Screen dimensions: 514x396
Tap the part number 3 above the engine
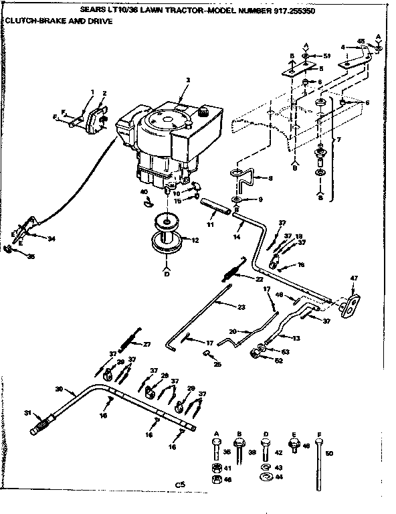point(188,80)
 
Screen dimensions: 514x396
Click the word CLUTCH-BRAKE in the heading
point(27,21)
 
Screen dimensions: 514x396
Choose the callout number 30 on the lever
point(59,389)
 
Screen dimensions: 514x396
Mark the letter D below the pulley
point(165,274)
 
